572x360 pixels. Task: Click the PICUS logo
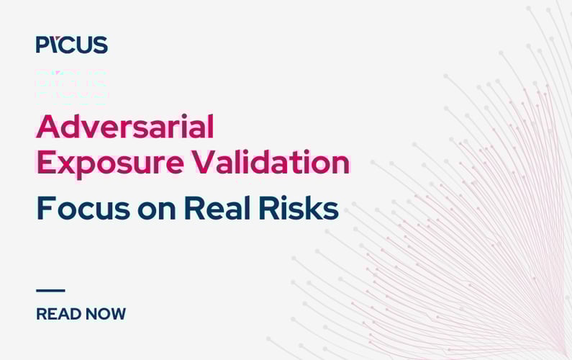[72, 45]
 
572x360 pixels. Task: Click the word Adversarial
[125, 127]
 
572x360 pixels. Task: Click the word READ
[58, 314]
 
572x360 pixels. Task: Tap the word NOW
[105, 314]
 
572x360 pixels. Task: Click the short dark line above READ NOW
[50, 290]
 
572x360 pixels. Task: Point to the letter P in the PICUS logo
[42, 45]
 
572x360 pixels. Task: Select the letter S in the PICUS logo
[100, 45]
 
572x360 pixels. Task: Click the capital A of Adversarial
[47, 127]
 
